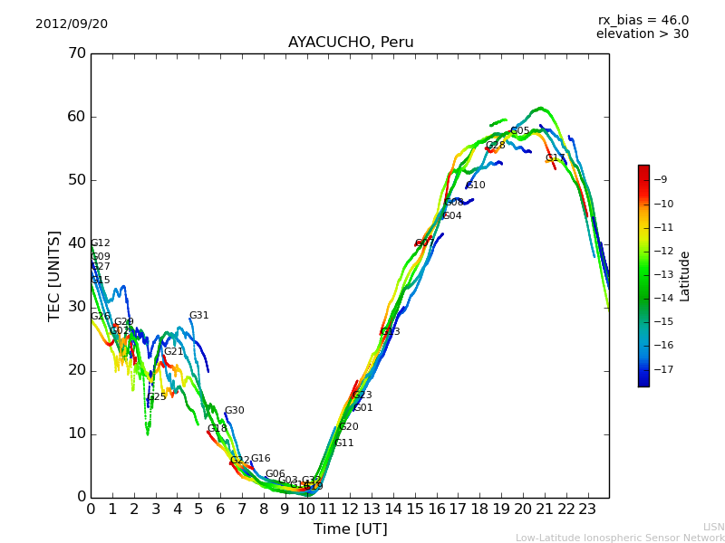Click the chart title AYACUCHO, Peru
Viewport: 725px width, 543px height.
pyautogui.click(x=350, y=43)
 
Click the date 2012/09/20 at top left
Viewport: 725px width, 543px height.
pyautogui.click(x=72, y=24)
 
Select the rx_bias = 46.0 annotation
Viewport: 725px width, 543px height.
pyautogui.click(x=643, y=21)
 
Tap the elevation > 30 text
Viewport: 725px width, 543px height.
pyautogui.click(x=642, y=34)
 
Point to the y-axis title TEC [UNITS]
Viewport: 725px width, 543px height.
pyautogui.click(x=54, y=275)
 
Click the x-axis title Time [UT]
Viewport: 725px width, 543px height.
pyautogui.click(x=350, y=529)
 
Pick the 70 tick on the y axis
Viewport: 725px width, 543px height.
pyautogui.click(x=76, y=53)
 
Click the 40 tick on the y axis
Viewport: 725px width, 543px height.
pyautogui.click(x=76, y=243)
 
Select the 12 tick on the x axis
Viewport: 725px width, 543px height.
pyautogui.click(x=350, y=509)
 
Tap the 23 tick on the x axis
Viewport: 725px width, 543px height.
pyautogui.click(x=587, y=509)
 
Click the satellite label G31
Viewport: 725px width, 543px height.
pyautogui.click(x=198, y=316)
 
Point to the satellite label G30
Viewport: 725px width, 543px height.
pyautogui.click(x=234, y=411)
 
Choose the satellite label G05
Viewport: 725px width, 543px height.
pyautogui.click(x=519, y=131)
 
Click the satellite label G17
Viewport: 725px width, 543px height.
pyautogui.click(x=555, y=158)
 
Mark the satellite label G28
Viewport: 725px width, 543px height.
pyautogui.click(x=495, y=146)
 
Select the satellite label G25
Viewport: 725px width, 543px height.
pyautogui.click(x=157, y=397)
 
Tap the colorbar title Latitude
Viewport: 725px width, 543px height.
pyautogui.click(x=685, y=276)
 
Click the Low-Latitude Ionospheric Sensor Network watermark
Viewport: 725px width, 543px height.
pyautogui.click(x=620, y=538)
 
